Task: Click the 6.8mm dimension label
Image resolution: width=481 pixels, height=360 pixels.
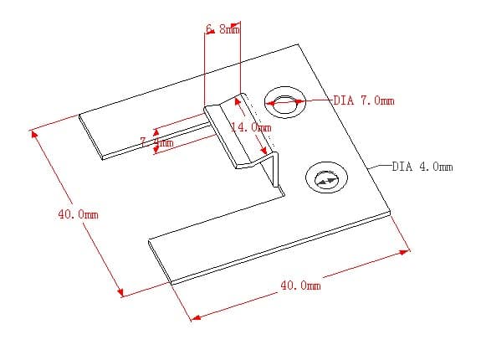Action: coord(223,29)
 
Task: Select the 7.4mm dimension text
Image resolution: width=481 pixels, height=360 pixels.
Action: coord(156,142)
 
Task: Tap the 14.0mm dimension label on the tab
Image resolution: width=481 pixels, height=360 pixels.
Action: coord(251,127)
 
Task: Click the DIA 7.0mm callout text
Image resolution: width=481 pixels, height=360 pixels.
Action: coord(363,100)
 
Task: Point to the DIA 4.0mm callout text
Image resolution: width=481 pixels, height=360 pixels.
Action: coord(422,167)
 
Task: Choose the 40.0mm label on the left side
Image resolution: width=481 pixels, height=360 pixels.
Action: coord(78,214)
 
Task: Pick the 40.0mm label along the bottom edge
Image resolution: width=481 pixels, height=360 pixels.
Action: coord(300,285)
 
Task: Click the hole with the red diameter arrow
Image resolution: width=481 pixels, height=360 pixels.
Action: coord(285,103)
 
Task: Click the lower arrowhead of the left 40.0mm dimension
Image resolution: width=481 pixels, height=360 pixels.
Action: coord(121,293)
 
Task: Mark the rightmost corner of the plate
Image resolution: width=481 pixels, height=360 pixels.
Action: coord(391,209)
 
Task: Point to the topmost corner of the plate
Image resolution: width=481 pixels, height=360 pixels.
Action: coord(297,44)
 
